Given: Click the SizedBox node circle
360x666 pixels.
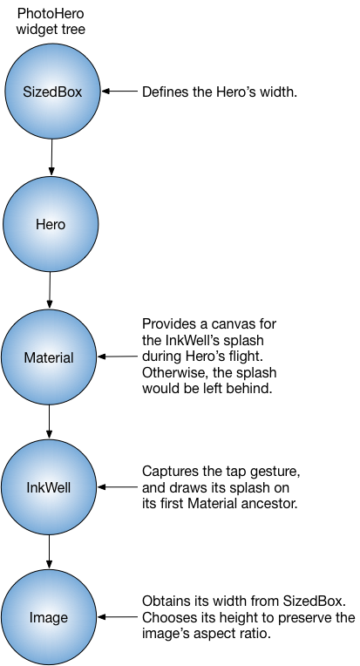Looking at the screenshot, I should [x=51, y=91].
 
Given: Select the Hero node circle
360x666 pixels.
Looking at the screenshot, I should [x=50, y=224].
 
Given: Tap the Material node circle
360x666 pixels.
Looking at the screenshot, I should [x=50, y=357].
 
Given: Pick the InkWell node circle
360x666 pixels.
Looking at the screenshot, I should [x=50, y=486].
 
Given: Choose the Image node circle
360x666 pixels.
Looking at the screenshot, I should [x=50, y=617].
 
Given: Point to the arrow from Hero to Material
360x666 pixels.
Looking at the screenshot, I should [x=50, y=289].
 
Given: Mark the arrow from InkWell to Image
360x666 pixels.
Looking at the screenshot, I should [x=50, y=551].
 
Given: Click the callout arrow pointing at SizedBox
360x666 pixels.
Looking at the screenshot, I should [x=119, y=91].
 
